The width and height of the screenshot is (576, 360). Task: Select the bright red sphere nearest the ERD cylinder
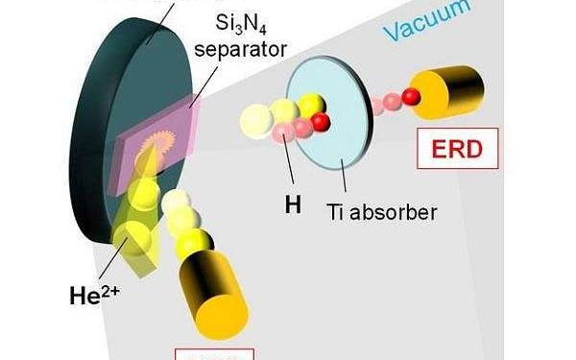[x=412, y=95]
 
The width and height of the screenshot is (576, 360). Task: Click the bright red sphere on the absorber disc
[x=322, y=119]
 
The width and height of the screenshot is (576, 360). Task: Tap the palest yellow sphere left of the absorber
[x=254, y=120]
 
